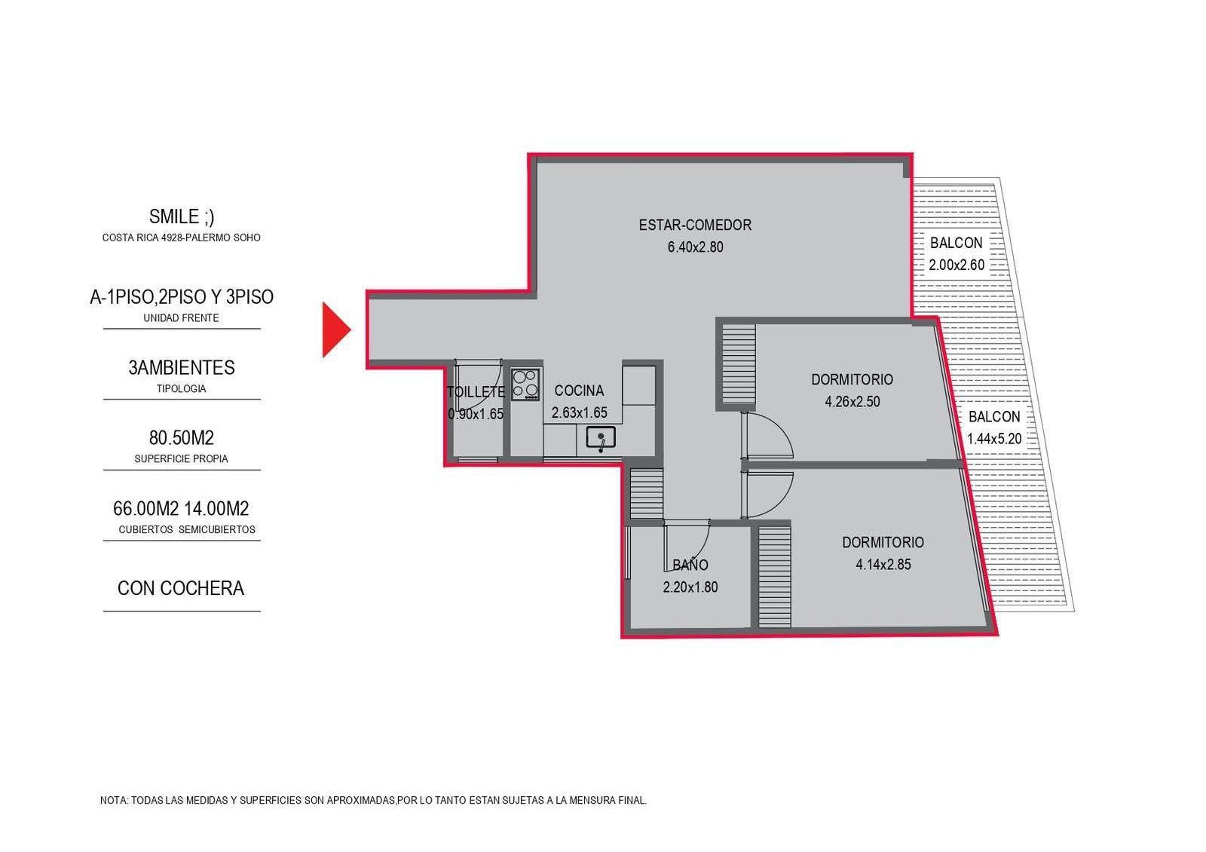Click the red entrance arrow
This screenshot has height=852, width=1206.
[335, 330]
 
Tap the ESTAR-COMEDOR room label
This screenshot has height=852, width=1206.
[695, 225]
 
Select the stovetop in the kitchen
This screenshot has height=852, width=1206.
[526, 384]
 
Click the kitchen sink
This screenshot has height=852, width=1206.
[600, 437]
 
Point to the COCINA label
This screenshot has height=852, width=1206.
[579, 391]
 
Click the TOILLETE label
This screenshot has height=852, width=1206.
[476, 392]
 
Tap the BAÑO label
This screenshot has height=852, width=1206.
[690, 565]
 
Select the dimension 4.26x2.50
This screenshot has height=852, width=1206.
[852, 402]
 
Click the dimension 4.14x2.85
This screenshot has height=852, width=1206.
[883, 565]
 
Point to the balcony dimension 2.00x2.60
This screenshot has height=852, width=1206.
[957, 265]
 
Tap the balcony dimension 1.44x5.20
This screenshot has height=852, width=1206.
[994, 439]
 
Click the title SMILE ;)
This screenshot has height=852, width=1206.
[182, 216]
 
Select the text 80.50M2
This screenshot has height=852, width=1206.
[182, 438]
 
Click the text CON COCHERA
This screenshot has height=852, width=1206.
[181, 588]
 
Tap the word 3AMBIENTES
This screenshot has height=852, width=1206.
[182, 367]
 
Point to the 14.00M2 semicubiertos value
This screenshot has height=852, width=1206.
[216, 508]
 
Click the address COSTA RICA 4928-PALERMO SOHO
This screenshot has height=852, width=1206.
[182, 238]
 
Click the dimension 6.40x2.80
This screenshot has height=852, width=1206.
[696, 247]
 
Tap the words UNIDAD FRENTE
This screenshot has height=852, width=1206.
[181, 318]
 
